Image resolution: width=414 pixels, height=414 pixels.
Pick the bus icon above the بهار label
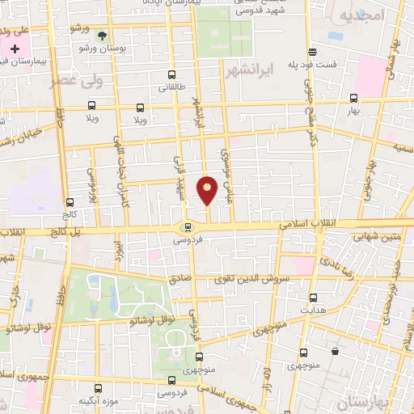tap(353, 98)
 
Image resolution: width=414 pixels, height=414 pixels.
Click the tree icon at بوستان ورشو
tap(102, 36)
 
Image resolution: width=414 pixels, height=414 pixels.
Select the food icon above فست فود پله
tap(311, 49)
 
